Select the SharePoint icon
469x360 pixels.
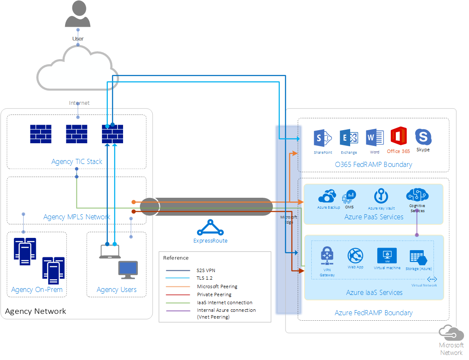[x=323, y=138]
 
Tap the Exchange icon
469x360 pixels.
[x=349, y=138]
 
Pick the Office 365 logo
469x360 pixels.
[x=398, y=136]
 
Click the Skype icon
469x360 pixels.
[x=423, y=137]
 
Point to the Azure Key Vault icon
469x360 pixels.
[x=381, y=196]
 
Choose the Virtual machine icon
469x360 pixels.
[x=387, y=256]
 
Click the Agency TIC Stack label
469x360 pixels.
[x=77, y=161]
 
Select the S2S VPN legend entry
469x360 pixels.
[x=206, y=270]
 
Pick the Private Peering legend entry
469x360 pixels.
[x=214, y=295]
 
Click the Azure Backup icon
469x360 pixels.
[x=328, y=196]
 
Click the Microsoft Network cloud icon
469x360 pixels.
[x=451, y=332]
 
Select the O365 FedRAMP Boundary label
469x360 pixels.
[x=373, y=164]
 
